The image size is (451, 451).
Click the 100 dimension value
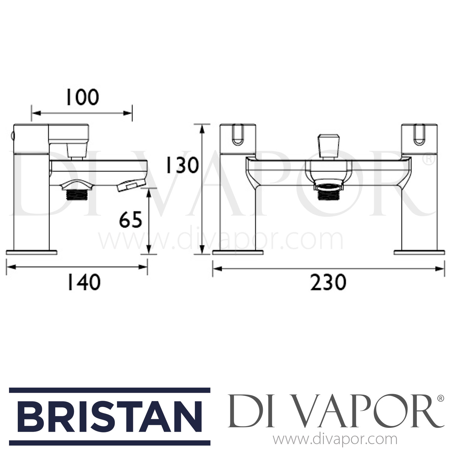tap(82, 97)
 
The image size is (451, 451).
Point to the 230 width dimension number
tap(328, 283)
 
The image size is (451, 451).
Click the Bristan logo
tap(109, 416)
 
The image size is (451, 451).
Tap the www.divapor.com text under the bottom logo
tap(335, 440)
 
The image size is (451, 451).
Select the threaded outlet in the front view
tap(328, 192)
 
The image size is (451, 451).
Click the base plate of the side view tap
tap(32, 252)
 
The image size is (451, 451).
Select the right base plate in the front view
tap(419, 252)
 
